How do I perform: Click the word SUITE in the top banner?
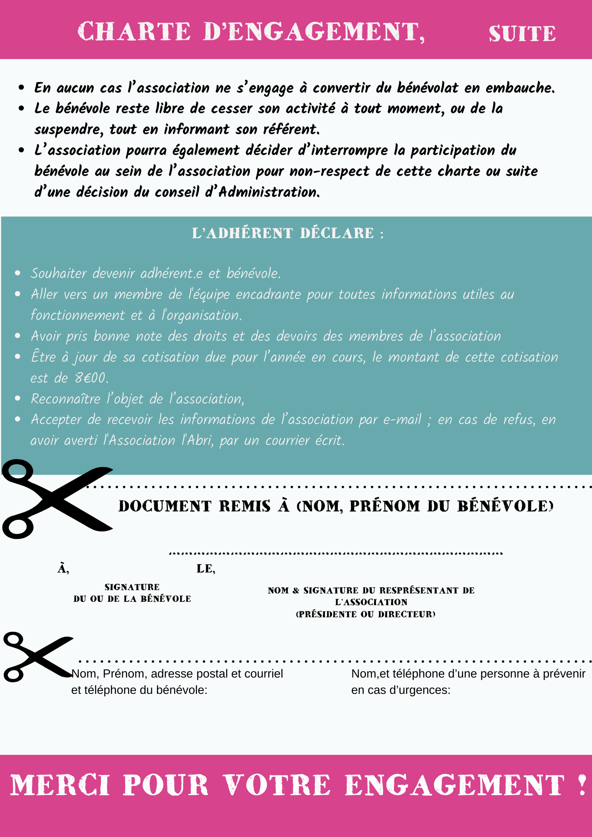click(522, 33)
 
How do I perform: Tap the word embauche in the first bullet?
click(520, 88)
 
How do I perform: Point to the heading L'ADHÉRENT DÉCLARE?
click(288, 233)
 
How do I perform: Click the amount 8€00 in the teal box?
click(91, 378)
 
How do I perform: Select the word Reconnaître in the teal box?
click(66, 399)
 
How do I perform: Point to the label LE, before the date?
click(206, 568)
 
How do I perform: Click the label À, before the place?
click(63, 568)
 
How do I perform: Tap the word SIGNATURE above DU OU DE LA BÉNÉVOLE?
click(132, 587)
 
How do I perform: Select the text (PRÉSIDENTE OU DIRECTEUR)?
click(365, 614)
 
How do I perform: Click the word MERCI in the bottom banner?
click(60, 785)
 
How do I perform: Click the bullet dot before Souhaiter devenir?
click(18, 273)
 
